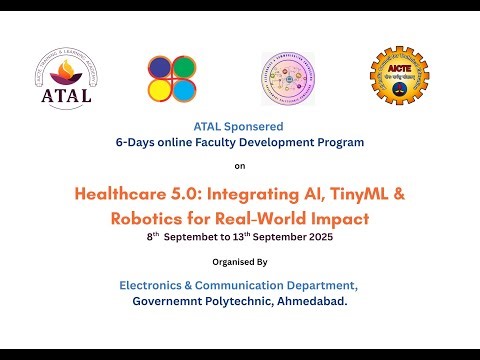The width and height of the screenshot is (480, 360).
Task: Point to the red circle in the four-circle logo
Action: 183,68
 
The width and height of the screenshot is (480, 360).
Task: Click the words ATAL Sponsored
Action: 238,127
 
